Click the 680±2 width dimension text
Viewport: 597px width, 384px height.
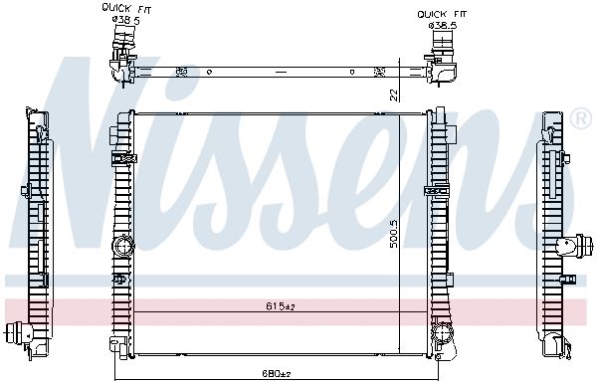pyautogui.click(x=277, y=373)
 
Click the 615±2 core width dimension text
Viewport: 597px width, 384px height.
pyautogui.click(x=281, y=306)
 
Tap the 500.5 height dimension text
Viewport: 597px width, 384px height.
pyautogui.click(x=394, y=234)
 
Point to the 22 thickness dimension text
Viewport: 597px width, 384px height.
pyautogui.click(x=395, y=95)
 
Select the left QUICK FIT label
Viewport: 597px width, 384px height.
pyautogui.click(x=126, y=9)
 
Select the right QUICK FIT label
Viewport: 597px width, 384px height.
pyautogui.click(x=442, y=15)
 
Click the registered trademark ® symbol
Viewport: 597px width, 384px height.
pyautogui.click(x=581, y=119)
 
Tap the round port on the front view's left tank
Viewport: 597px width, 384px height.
pyautogui.click(x=123, y=247)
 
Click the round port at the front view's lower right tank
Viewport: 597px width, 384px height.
pyautogui.click(x=443, y=332)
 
